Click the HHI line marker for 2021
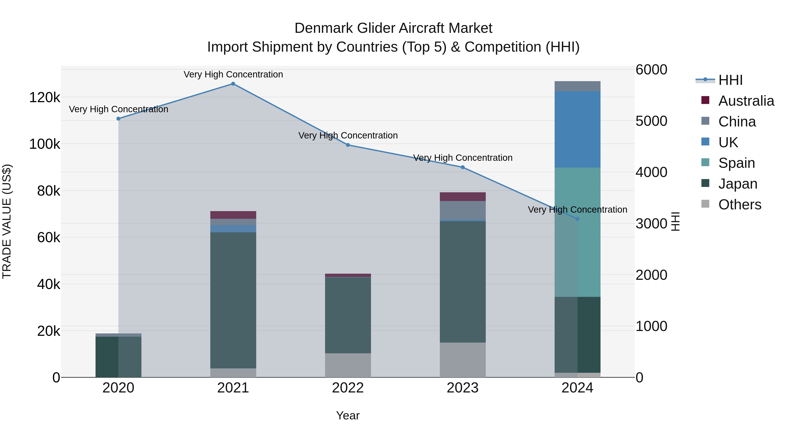pos(233,84)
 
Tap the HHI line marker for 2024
pos(577,219)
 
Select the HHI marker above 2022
pos(348,145)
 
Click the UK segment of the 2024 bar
pos(577,129)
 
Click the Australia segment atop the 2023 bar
pos(463,197)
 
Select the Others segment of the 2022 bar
pos(348,365)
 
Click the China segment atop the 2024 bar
pos(577,86)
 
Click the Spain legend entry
pos(736,163)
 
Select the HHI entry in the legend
pos(730,80)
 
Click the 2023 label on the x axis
pos(463,388)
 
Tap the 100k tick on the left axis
pos(45,144)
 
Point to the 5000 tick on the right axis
pos(651,121)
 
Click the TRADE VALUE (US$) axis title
pos(7,221)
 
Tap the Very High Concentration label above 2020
pos(118,109)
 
